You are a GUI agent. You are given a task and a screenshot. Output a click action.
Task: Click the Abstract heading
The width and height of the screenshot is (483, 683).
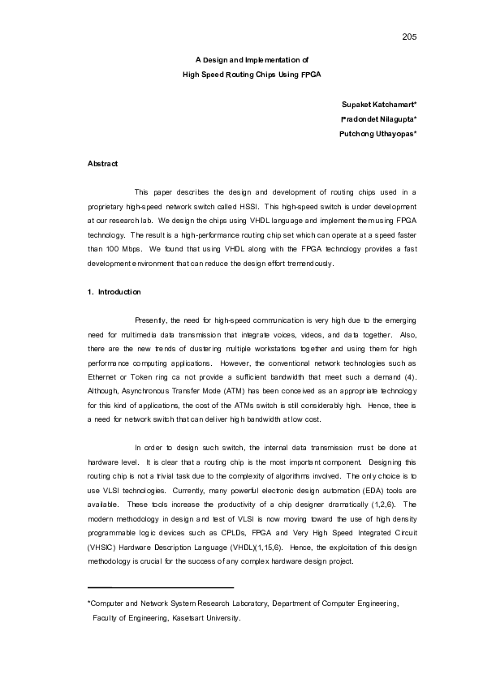click(x=102, y=165)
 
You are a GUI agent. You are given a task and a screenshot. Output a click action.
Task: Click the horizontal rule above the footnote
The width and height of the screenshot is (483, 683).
click(x=160, y=586)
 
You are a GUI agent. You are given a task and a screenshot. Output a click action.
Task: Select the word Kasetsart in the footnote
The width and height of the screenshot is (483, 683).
click(x=191, y=618)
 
